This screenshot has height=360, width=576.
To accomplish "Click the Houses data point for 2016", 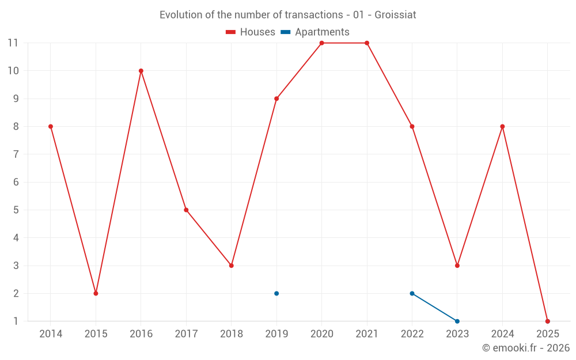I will (141, 71).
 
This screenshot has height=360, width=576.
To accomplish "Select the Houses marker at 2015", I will (96, 293).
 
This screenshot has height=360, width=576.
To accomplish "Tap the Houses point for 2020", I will (321, 43).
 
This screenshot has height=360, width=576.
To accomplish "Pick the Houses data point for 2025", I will (548, 321).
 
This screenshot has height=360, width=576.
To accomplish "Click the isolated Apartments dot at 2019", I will (276, 293).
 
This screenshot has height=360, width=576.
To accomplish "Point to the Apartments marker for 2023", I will (457, 321).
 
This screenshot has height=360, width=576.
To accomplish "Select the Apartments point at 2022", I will (412, 293).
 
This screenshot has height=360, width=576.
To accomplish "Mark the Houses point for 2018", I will (232, 266).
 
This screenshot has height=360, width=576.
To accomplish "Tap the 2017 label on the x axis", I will (186, 334).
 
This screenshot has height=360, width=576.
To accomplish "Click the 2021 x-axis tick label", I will (367, 334).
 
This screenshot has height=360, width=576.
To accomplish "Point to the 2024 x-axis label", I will (502, 334).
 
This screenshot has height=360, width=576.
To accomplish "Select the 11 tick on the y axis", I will (13, 43).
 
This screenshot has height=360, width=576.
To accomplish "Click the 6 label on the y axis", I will (16, 182).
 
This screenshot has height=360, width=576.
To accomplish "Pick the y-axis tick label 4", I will (16, 238).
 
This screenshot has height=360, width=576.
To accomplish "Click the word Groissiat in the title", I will (395, 15).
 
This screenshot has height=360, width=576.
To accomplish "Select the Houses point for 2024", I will (502, 127).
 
